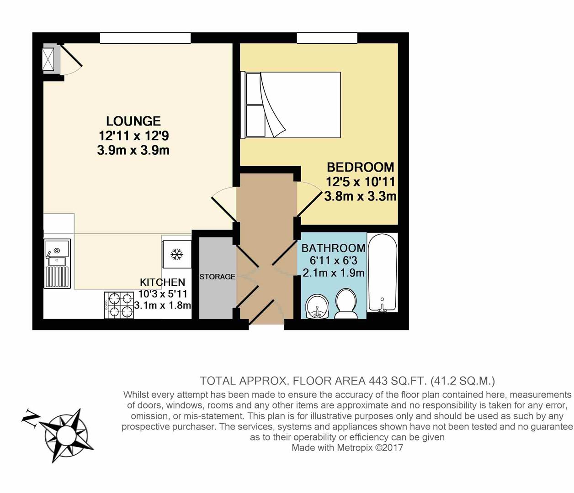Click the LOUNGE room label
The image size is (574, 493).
click(x=133, y=121)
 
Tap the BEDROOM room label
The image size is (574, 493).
click(x=360, y=167)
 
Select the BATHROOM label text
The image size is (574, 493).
click(x=333, y=248)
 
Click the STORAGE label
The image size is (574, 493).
click(x=218, y=277)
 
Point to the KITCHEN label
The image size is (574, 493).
click(x=162, y=282)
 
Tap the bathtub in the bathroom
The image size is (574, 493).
click(x=383, y=273)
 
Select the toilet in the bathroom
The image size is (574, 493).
click(x=347, y=304)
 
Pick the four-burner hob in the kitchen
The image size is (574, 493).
click(x=119, y=305)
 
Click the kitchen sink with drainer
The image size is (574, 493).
click(x=58, y=264)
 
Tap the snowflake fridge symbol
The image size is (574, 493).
click(x=176, y=255)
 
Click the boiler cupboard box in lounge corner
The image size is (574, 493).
click(x=48, y=59)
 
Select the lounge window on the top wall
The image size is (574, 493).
click(x=145, y=38)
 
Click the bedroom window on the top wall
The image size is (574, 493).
click(x=327, y=38)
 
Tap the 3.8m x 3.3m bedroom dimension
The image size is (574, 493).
click(x=360, y=197)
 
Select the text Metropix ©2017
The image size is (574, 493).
click(x=370, y=447)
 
